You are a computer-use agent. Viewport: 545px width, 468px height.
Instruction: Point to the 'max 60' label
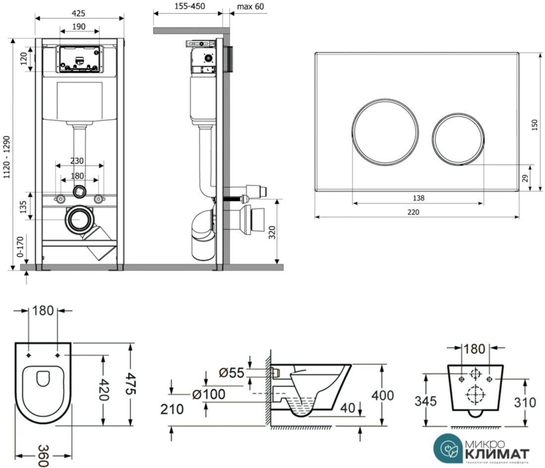[251, 6]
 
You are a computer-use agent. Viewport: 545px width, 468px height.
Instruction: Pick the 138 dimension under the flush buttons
[418, 198]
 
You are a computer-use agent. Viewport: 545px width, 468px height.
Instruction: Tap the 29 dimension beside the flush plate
[525, 177]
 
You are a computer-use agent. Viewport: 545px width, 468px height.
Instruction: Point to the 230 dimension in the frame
[77, 160]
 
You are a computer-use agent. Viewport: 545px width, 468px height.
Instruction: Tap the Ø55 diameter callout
[231, 372]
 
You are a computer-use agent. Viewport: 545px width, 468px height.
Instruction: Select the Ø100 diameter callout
[209, 395]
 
